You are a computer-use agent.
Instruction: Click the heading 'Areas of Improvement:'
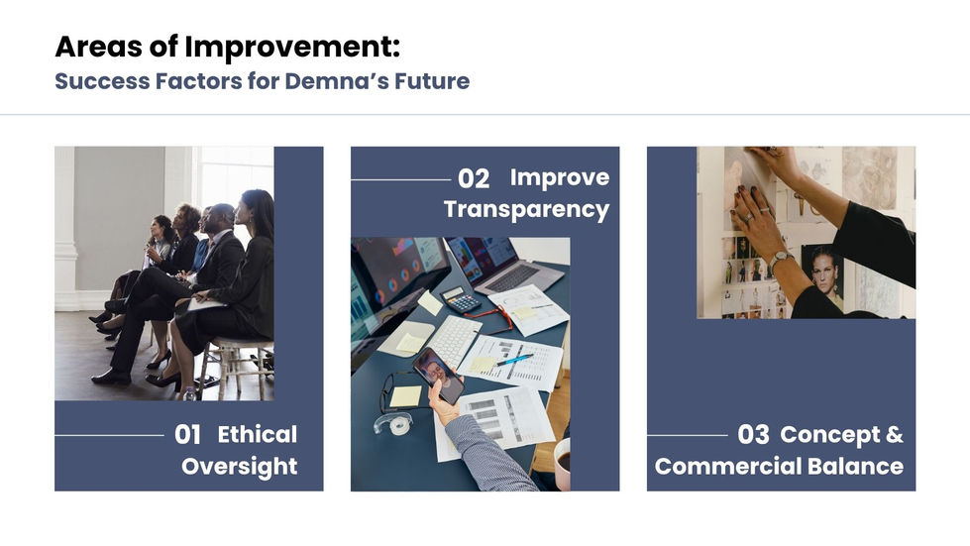click(228, 47)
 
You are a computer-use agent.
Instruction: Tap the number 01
click(187, 435)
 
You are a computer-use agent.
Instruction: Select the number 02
click(474, 179)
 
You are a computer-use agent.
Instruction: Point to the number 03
click(753, 435)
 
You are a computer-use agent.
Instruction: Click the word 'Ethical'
click(258, 434)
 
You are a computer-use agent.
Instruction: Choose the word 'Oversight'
click(240, 467)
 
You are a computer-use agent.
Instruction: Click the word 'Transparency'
click(526, 210)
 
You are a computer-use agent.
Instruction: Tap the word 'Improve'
click(560, 178)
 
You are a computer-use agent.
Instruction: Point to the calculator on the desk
click(461, 300)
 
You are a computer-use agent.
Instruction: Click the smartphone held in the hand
click(439, 376)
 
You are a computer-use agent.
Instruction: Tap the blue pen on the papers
click(513, 360)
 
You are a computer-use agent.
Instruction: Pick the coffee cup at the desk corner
click(562, 464)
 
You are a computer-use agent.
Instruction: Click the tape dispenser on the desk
click(393, 423)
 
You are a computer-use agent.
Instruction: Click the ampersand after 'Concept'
click(894, 434)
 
